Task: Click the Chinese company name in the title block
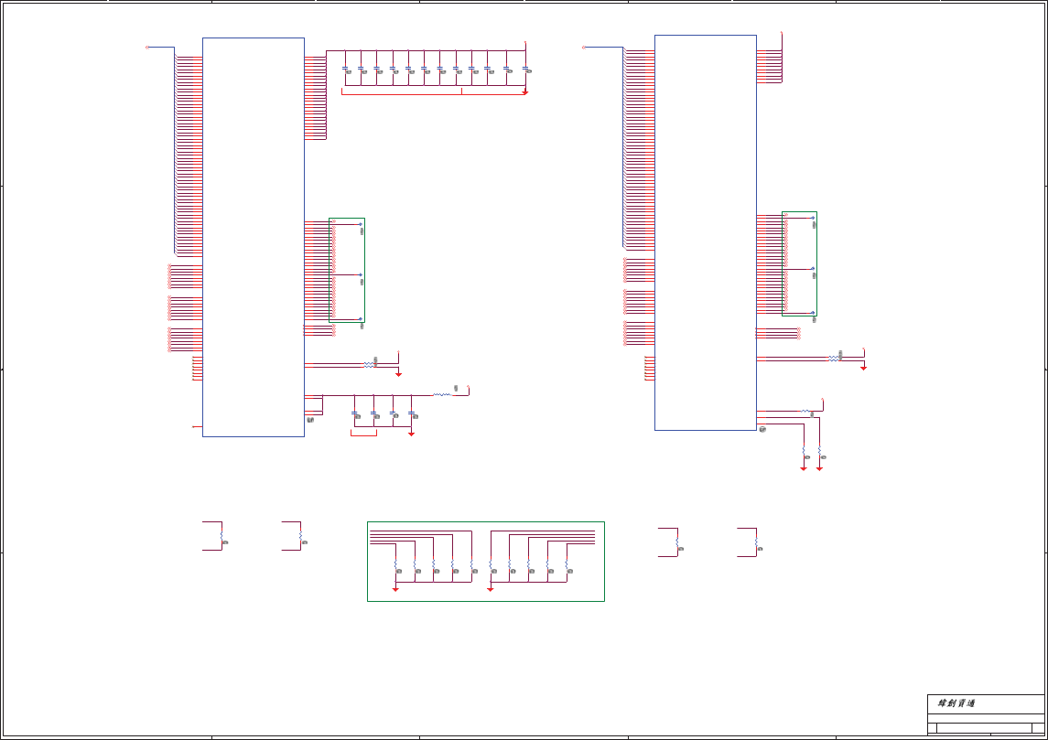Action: (956, 703)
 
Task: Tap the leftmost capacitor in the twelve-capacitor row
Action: (345, 68)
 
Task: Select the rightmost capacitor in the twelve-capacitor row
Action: (525, 68)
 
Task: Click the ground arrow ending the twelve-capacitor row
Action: (524, 92)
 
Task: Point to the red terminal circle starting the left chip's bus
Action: (147, 47)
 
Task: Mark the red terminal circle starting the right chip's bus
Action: (583, 47)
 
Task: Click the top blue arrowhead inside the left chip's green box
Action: (360, 224)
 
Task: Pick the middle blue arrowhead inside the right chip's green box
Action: (812, 269)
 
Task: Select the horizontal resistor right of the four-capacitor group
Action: (441, 395)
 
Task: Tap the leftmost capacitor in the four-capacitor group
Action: (354, 413)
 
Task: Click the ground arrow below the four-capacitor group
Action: (411, 434)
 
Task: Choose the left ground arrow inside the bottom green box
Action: (395, 590)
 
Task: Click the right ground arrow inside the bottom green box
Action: (491, 590)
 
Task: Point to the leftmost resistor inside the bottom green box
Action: (395, 567)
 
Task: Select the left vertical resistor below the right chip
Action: (804, 452)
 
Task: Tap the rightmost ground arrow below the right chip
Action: (819, 468)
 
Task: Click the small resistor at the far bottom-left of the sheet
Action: (221, 538)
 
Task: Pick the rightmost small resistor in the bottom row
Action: (756, 543)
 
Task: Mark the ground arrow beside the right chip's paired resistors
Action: (863, 368)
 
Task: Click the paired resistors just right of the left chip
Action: (368, 364)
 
